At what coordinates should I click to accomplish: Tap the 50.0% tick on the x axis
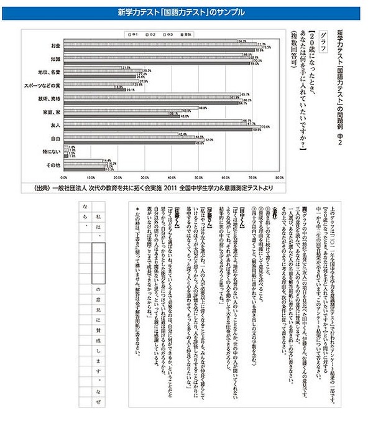(x=198, y=176)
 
